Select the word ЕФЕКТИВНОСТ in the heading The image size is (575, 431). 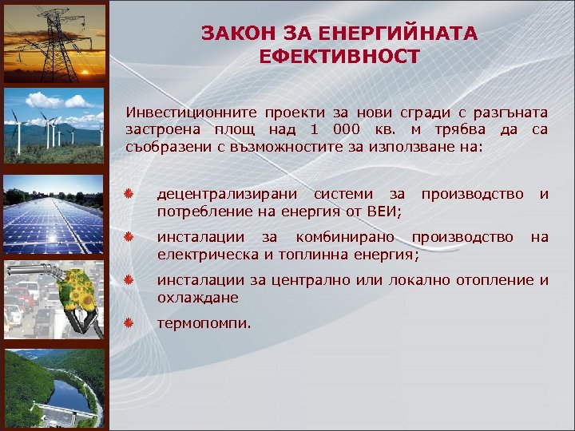pos(339,57)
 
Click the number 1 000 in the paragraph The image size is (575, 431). pos(327,129)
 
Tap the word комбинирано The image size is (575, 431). pos(344,237)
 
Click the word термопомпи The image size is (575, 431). pos(203,324)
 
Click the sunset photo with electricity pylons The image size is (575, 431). pos(54,40)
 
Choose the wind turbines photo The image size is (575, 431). pos(54,126)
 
